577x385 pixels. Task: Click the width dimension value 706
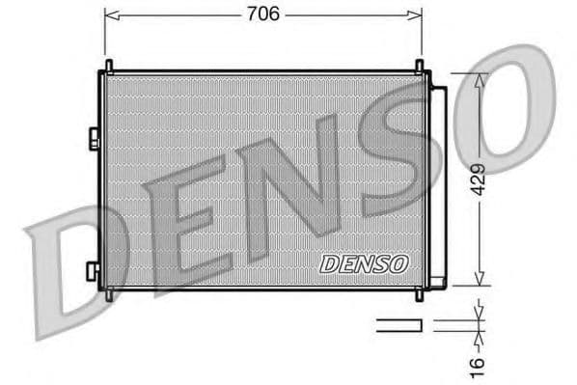263,14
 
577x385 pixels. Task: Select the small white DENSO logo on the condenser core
364,262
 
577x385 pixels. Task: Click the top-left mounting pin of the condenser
108,66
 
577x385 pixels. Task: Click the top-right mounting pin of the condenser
420,66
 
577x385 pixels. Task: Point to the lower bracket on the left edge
93,270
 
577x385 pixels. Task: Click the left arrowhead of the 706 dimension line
109,14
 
